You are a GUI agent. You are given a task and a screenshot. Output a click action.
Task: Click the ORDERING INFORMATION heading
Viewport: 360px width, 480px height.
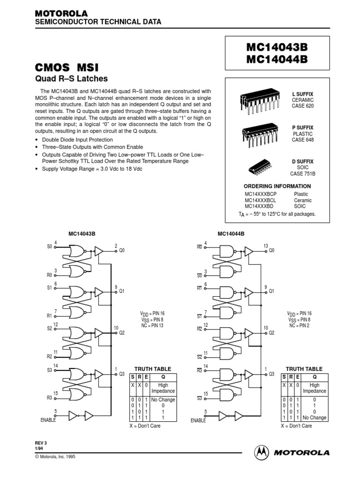point(277,186)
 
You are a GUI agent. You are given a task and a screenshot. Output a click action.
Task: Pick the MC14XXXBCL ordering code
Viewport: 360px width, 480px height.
point(261,200)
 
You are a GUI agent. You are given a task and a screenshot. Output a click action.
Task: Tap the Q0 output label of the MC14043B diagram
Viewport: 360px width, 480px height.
point(122,250)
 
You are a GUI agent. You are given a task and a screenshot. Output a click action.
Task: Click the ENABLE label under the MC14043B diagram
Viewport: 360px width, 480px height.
point(48,420)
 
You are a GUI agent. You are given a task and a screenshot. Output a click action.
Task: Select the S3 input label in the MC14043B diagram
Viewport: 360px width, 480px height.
point(49,370)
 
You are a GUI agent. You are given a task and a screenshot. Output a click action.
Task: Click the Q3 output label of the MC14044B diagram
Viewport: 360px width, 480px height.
point(271,374)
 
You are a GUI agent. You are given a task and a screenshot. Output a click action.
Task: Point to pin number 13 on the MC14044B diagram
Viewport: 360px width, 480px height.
point(266,246)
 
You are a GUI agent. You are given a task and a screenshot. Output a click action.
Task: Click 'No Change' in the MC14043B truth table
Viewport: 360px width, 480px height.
point(163,400)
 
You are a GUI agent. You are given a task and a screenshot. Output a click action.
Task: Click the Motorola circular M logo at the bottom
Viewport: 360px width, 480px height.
point(262,453)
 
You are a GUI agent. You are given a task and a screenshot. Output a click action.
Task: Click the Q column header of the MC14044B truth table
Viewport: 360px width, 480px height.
point(314,377)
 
